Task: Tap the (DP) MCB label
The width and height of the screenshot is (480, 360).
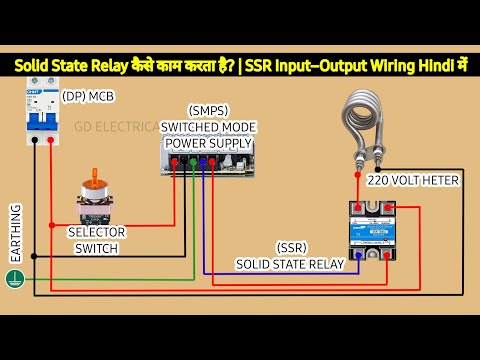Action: tap(88, 97)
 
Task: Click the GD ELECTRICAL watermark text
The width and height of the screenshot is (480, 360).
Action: tap(119, 127)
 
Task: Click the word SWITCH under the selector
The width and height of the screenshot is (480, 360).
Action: tap(96, 248)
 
